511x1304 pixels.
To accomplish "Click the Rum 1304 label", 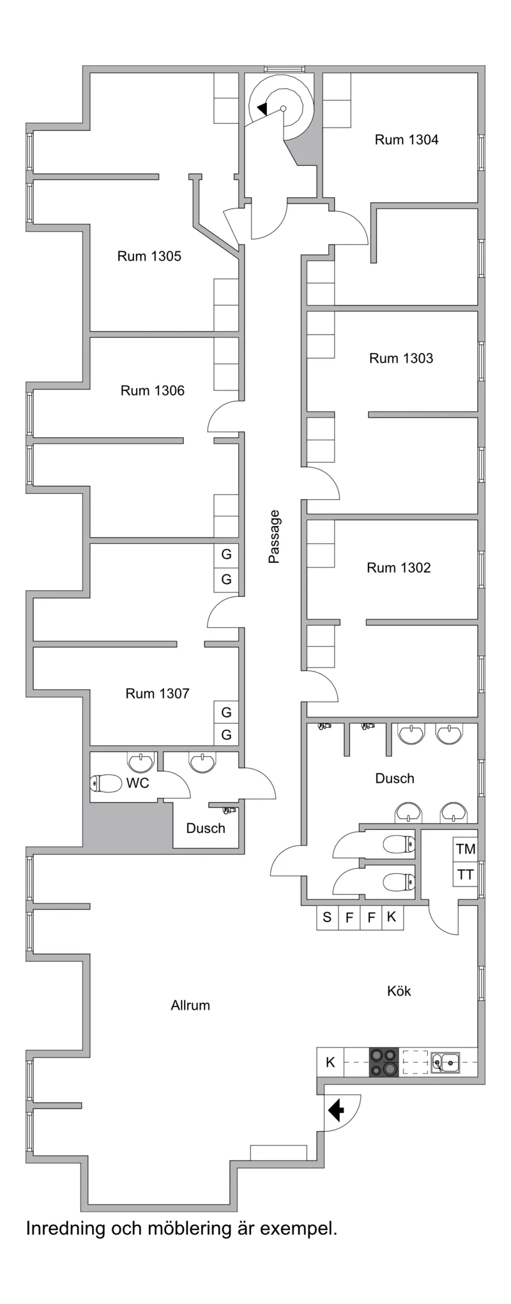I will tap(406, 140).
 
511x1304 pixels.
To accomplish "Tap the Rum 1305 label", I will tap(149, 257).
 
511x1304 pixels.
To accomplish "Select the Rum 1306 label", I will tap(152, 391).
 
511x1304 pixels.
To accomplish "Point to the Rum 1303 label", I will tap(401, 359).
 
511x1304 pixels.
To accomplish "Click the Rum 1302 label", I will tap(399, 568).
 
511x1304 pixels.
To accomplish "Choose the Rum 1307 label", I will tap(157, 694).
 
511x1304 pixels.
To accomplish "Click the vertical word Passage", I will tap(274, 537).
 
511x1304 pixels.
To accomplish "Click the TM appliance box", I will tap(466, 849).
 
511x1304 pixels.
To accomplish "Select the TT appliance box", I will tap(466, 874).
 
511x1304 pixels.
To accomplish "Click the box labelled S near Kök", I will tap(327, 918).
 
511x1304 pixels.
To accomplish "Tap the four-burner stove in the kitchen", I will tap(384, 1063).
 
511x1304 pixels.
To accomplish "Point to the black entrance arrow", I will tap(336, 1111).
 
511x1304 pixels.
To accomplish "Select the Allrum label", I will tap(190, 1006).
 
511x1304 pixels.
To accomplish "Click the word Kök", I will tap(399, 991).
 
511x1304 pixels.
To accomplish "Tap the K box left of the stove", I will tap(330, 1063).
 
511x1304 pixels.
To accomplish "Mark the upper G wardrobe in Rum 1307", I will tap(226, 712).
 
